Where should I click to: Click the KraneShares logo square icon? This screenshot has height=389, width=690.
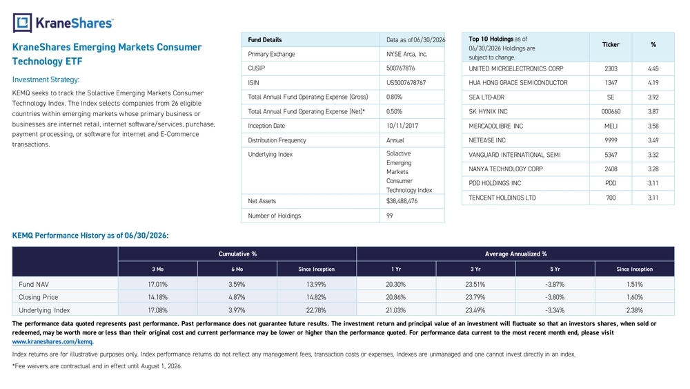click(23, 23)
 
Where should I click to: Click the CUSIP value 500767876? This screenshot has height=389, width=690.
click(400, 68)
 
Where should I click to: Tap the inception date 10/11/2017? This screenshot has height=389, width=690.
click(402, 126)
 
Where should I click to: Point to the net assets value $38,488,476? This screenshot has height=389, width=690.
click(402, 201)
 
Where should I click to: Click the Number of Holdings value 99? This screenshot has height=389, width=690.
click(389, 216)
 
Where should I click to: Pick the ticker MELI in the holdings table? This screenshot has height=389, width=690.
click(611, 126)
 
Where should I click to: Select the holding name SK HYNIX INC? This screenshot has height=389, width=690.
click(488, 111)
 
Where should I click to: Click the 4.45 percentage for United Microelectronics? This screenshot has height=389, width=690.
click(653, 68)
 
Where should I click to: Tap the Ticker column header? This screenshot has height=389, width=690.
click(611, 44)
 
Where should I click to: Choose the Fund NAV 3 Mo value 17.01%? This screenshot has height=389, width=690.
click(157, 285)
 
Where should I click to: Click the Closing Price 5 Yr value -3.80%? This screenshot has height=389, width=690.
click(555, 297)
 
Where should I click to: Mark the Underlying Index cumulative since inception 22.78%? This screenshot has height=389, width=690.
click(316, 311)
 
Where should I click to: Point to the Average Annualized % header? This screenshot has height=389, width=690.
click(515, 254)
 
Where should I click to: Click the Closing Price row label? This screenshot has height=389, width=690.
click(38, 297)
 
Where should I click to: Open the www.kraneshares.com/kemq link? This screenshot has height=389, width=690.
click(52, 341)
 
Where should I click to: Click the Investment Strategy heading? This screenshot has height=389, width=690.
click(46, 79)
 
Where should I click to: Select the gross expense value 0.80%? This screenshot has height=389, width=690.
click(394, 97)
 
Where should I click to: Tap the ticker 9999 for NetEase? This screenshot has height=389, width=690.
click(611, 140)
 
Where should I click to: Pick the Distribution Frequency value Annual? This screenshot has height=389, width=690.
click(395, 140)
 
